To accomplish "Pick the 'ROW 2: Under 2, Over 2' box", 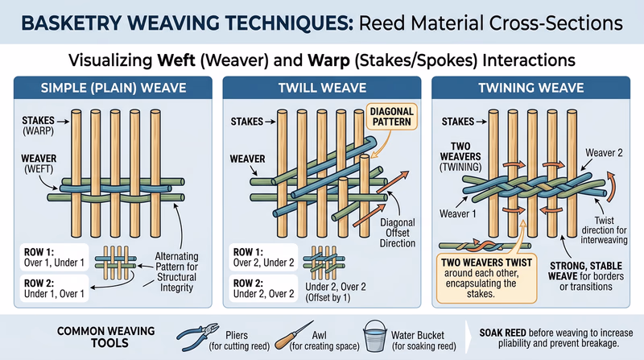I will click(258, 288).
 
